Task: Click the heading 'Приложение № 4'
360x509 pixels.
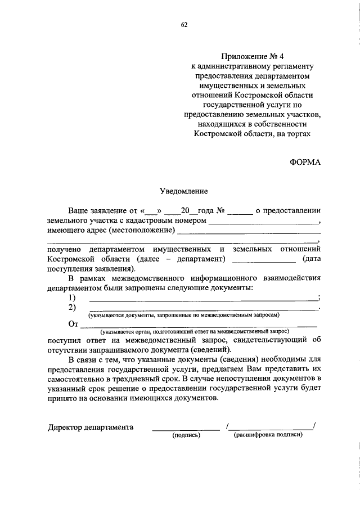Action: (250, 56)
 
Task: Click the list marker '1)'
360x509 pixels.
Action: (72, 297)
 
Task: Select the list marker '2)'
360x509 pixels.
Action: (72, 307)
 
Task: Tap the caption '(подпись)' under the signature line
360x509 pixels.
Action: (186, 435)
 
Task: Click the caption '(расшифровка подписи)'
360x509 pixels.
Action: (268, 435)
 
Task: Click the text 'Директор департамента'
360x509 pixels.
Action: (91, 427)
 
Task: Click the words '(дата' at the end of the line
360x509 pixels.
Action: (311, 259)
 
